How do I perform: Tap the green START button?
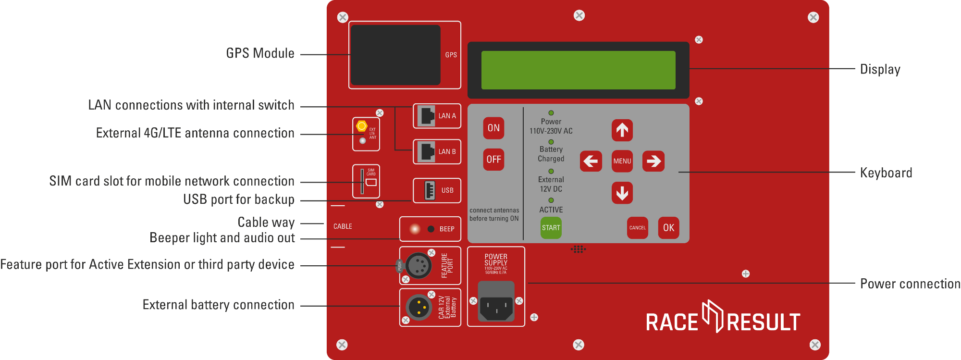(x=551, y=228)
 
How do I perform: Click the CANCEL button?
(x=638, y=228)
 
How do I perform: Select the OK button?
(x=668, y=228)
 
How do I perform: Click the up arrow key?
(x=622, y=130)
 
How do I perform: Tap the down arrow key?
(x=622, y=193)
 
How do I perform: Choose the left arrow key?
(x=591, y=161)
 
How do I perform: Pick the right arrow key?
(x=653, y=161)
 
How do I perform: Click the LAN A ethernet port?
(x=426, y=116)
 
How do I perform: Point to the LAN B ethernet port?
(x=426, y=152)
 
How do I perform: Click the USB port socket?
(x=430, y=190)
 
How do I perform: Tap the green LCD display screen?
(x=578, y=70)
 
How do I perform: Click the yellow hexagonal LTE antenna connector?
(x=361, y=126)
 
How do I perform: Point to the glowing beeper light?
(x=415, y=229)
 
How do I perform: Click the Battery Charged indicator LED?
(x=551, y=142)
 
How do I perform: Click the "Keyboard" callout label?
(x=886, y=173)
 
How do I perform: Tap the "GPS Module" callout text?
(x=260, y=53)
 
